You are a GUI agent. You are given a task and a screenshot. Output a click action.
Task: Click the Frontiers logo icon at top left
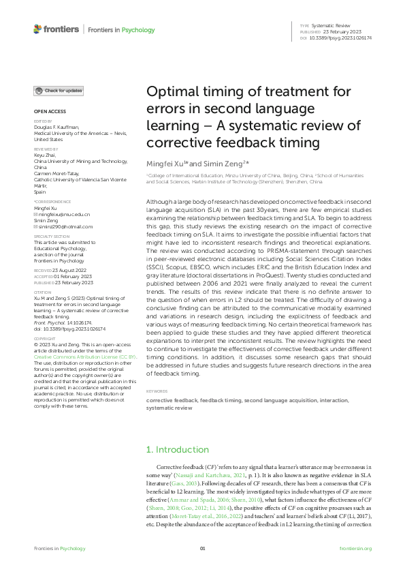(x=37, y=29)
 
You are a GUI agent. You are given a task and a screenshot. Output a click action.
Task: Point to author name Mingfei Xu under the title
(x=167, y=165)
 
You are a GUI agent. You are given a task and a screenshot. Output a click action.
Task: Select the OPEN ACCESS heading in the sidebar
(x=49, y=110)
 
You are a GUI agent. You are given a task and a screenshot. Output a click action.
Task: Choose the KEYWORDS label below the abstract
(x=158, y=391)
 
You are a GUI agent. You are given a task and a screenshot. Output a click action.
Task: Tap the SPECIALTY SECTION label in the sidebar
(x=49, y=237)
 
